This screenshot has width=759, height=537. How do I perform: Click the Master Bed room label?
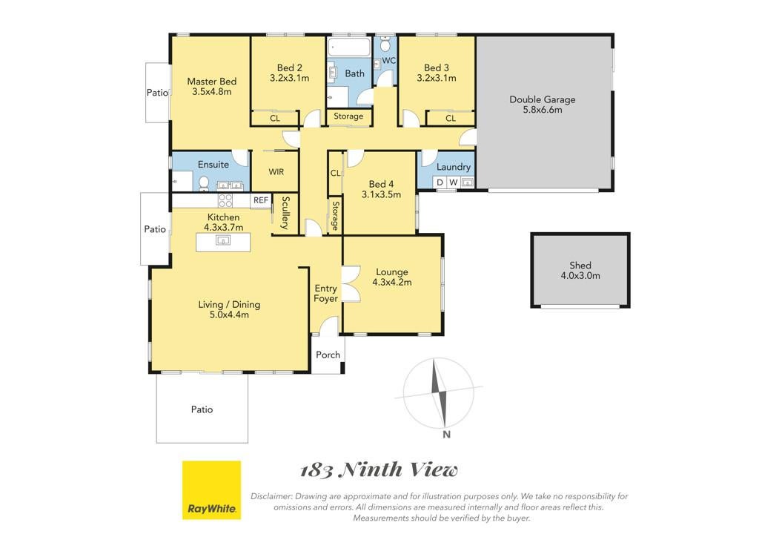211,82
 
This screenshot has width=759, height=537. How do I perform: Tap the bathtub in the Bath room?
348,47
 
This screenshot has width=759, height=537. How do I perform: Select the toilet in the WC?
385,45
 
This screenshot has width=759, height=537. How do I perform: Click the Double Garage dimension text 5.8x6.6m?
542,110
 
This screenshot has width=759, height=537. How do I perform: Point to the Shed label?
580,266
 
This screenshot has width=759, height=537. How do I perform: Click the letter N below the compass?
446,435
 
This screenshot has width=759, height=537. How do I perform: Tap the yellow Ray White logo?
211,490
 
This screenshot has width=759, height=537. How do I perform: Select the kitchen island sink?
222,240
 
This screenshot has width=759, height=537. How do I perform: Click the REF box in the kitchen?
260,200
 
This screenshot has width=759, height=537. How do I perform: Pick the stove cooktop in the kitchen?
225,200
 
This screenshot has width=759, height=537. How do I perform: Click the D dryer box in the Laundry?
440,182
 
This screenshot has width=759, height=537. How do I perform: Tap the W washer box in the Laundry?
453,182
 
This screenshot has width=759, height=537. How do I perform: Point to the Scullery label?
285,213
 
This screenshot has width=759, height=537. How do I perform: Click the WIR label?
276,172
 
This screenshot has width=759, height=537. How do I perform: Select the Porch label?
328,355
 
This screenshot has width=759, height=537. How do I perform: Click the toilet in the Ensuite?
204,183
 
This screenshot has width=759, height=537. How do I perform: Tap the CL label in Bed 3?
450,118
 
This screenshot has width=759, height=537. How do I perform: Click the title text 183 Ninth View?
379,470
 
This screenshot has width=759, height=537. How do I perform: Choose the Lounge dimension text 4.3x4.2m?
391,283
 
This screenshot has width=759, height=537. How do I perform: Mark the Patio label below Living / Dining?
202,409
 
